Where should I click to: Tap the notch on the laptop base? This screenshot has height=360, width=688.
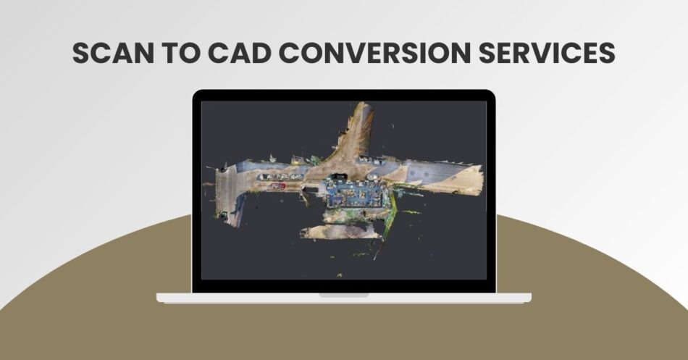[343, 294]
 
